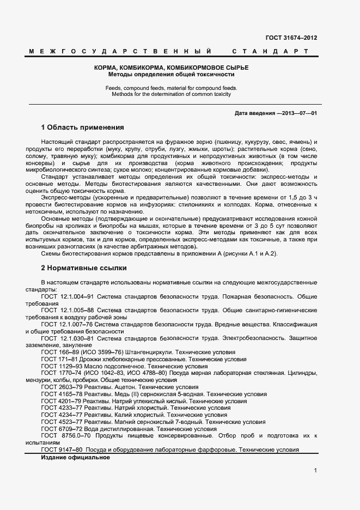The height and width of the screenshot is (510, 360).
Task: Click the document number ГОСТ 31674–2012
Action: pos(291,38)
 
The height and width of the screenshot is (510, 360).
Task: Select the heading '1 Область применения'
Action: pos(82,127)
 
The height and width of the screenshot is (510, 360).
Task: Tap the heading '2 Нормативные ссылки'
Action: pos(84,268)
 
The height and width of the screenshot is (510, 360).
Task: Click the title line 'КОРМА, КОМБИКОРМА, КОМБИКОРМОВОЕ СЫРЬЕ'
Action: pos(171,67)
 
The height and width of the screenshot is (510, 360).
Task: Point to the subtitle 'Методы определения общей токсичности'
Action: pos(171,74)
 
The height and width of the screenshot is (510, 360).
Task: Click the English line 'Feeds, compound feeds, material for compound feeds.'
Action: pos(171,87)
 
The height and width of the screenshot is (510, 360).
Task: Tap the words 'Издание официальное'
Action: pos(76,457)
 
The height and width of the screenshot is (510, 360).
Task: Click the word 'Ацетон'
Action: pos(129,387)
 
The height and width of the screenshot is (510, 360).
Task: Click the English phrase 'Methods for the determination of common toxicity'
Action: pos(171,94)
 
